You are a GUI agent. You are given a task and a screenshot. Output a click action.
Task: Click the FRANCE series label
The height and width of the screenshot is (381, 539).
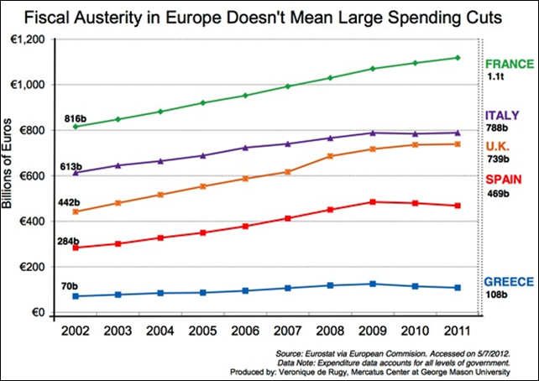click(509, 63)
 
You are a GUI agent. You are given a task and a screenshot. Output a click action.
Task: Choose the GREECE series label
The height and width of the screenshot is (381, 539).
click(508, 282)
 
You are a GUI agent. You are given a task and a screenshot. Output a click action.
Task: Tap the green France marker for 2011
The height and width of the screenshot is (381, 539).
click(458, 57)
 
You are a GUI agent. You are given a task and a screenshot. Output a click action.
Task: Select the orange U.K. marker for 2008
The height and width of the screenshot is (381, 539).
click(329, 156)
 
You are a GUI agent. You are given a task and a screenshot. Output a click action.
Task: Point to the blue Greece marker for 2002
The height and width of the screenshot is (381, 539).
click(76, 296)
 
